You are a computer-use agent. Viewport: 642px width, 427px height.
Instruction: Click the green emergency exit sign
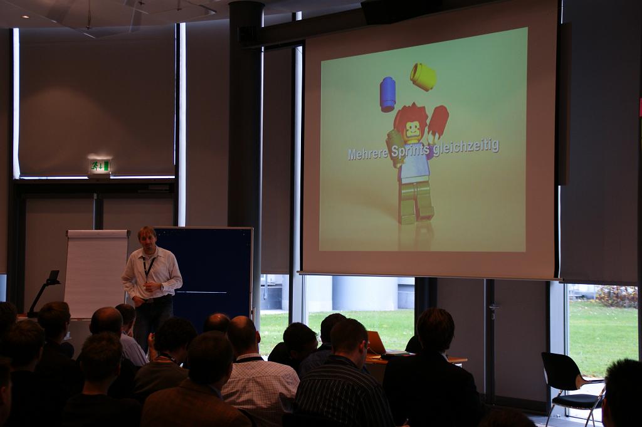tap(100, 166)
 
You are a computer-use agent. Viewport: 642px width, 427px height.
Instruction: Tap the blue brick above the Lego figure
tap(387, 94)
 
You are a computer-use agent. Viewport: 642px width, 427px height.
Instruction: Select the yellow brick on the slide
tap(423, 76)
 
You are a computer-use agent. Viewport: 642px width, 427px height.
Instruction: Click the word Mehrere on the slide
tap(368, 154)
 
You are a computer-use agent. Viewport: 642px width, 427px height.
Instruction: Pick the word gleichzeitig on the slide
tap(466, 147)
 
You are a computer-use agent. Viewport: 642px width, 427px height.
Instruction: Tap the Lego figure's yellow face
tap(413, 132)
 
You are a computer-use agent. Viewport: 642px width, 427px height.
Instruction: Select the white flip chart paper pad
tap(96, 273)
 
